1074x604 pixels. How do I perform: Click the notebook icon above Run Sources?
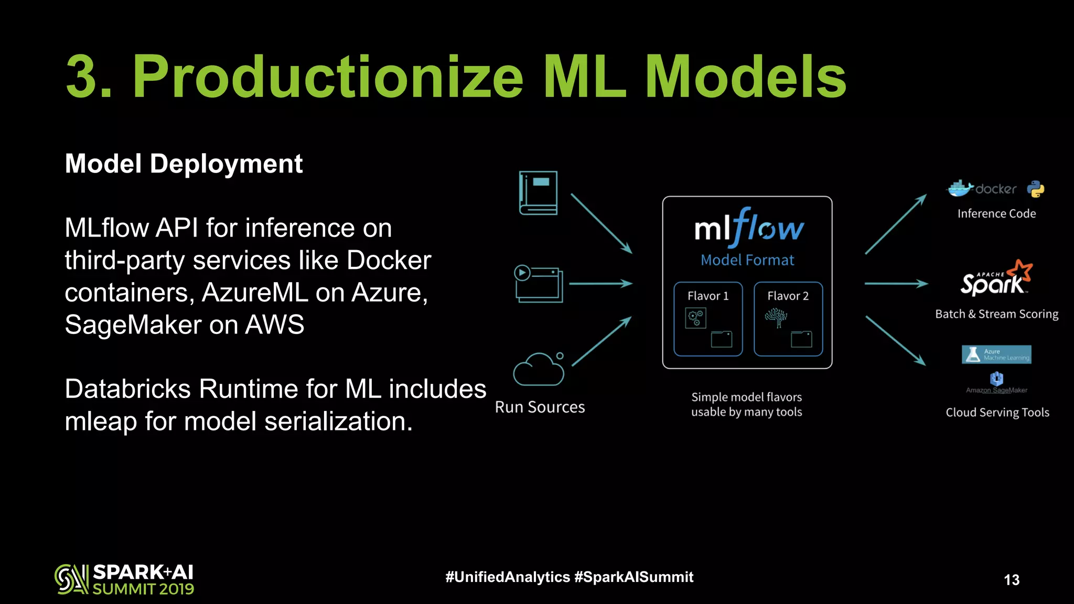[538, 193]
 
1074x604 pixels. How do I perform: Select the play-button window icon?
[539, 284]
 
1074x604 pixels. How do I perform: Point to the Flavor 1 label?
[708, 296]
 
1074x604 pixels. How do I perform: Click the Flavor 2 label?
[788, 296]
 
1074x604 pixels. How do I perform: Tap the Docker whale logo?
[960, 188]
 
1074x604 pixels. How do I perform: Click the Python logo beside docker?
[1036, 189]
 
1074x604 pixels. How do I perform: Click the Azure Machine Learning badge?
[996, 354]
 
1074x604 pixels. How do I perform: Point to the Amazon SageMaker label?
[996, 390]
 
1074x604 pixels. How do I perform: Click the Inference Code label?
[996, 214]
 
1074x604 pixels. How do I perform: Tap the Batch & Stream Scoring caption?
[996, 314]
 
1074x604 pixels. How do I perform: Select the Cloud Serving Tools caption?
[997, 413]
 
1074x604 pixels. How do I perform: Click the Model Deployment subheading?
[184, 164]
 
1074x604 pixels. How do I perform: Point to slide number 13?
[1012, 579]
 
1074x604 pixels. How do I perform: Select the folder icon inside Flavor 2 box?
[801, 339]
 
